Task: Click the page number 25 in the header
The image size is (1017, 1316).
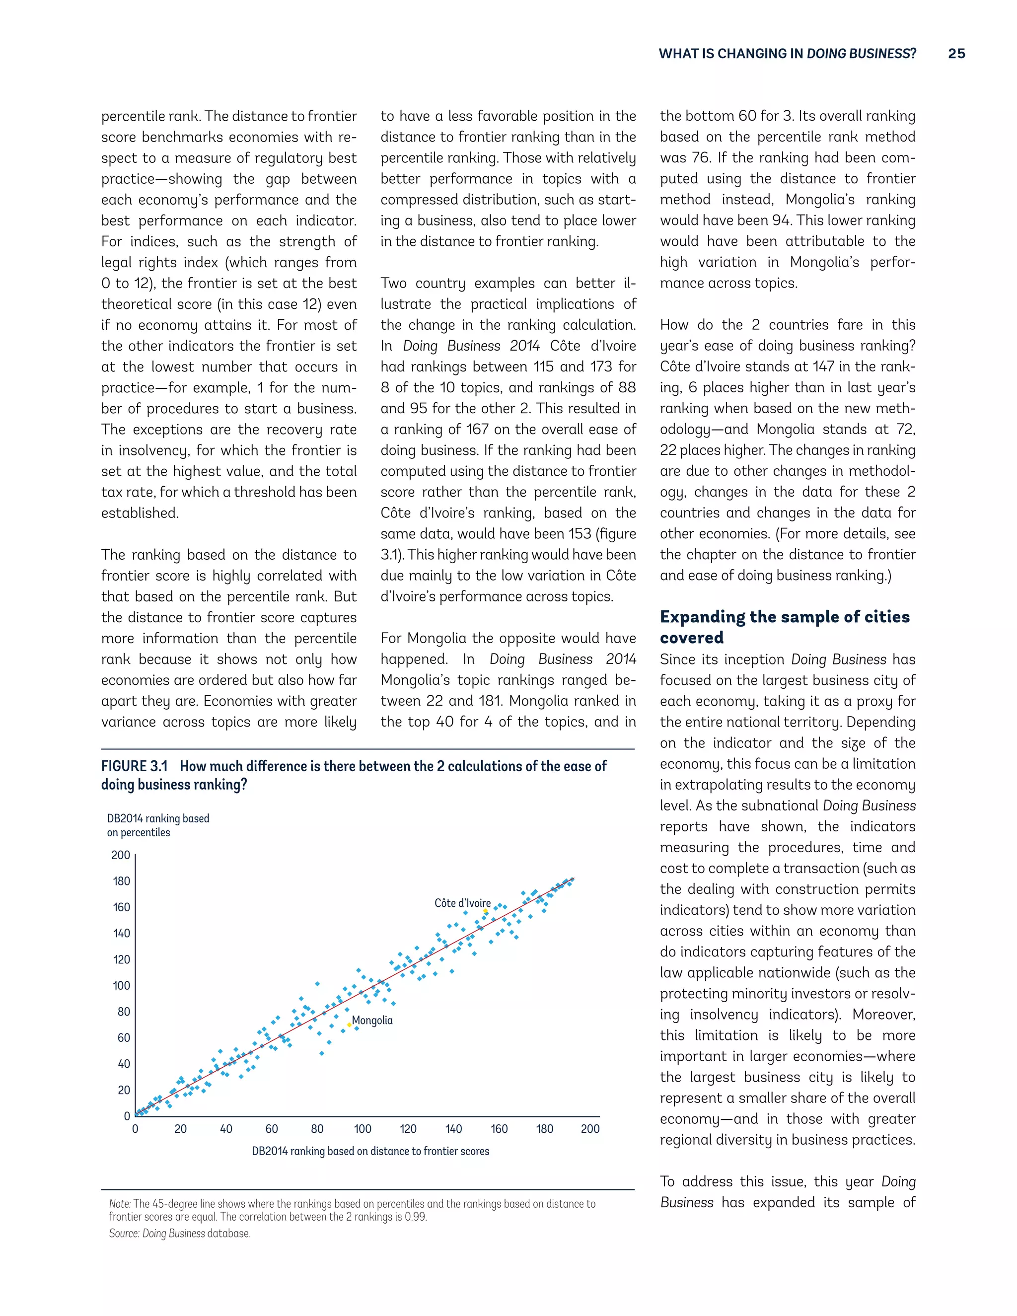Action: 956,54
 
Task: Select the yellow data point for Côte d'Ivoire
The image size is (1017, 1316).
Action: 486,910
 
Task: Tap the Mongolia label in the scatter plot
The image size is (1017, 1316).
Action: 372,1020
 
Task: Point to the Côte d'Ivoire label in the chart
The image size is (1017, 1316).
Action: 462,903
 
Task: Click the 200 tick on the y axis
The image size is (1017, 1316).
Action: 121,855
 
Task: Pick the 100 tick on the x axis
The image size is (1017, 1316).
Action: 363,1129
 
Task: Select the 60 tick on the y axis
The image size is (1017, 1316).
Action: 124,1037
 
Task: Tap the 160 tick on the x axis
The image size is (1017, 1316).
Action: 499,1129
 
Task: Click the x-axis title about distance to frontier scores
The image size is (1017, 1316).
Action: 370,1151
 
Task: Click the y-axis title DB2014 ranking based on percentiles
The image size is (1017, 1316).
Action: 158,825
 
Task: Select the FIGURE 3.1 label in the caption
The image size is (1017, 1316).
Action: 134,766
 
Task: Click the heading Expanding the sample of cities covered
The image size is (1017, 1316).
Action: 785,627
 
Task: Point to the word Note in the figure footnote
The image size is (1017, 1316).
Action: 119,1203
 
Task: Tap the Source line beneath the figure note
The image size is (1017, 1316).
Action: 180,1233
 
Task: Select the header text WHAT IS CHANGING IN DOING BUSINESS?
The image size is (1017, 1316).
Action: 787,54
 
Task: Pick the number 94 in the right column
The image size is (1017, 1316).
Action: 781,220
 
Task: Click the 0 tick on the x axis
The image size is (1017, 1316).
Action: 135,1129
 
